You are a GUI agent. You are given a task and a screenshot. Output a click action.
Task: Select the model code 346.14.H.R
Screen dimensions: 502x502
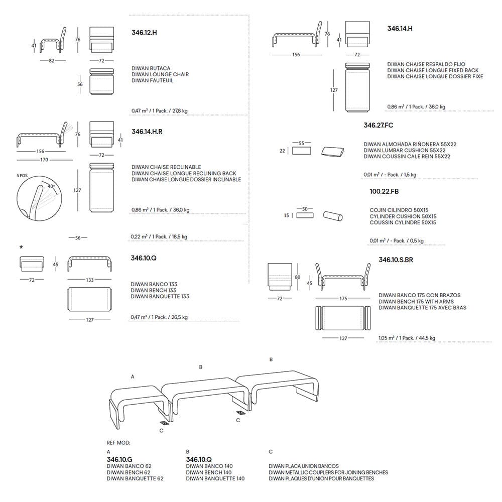148,131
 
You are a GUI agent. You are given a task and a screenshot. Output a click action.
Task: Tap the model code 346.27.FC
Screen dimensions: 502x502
379,125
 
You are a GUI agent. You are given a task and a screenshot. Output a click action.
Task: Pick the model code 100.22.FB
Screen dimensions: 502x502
384,191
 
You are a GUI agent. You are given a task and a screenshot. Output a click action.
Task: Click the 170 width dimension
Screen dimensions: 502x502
44,160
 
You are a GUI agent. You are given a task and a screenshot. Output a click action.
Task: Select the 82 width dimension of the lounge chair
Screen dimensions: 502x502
52,60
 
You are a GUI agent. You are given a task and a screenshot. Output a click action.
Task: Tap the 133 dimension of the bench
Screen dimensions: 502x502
89,280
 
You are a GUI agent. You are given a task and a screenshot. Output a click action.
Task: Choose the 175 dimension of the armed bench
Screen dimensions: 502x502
343,299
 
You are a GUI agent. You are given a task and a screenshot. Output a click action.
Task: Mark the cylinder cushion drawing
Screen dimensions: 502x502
334,216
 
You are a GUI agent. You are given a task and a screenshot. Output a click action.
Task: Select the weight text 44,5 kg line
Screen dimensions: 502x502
407,338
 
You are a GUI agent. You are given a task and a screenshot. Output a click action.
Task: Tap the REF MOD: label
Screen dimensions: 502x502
118,443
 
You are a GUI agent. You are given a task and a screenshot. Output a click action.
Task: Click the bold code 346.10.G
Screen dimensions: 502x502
119,459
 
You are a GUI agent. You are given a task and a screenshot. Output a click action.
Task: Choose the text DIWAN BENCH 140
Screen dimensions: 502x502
209,472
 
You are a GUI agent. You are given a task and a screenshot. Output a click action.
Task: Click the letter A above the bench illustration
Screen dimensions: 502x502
133,376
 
